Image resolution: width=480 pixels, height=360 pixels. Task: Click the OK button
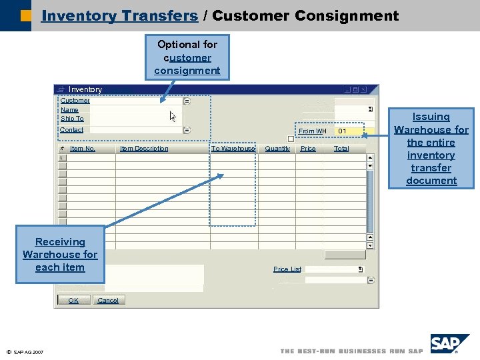73,301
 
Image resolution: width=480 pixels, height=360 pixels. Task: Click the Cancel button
108,301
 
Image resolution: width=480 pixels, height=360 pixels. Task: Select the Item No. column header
83,149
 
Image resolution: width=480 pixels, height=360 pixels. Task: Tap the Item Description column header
144,149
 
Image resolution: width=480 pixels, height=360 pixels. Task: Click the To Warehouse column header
233,149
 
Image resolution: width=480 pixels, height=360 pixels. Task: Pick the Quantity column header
277,149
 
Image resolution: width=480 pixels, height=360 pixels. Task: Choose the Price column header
308,149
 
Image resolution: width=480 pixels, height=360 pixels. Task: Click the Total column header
341,149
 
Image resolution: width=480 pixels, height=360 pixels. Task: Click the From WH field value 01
342,131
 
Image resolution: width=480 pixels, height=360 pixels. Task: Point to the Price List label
287,269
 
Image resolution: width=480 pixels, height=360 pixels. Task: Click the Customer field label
75,101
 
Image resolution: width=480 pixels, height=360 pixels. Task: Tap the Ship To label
72,119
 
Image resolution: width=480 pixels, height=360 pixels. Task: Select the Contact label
72,130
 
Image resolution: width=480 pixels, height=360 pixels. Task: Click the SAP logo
450,343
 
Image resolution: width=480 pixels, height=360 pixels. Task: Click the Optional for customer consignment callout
187,57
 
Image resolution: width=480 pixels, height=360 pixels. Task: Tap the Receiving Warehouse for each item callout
60,255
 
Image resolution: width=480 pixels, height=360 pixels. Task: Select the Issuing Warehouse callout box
431,149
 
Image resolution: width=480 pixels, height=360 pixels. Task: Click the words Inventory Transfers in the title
119,15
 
